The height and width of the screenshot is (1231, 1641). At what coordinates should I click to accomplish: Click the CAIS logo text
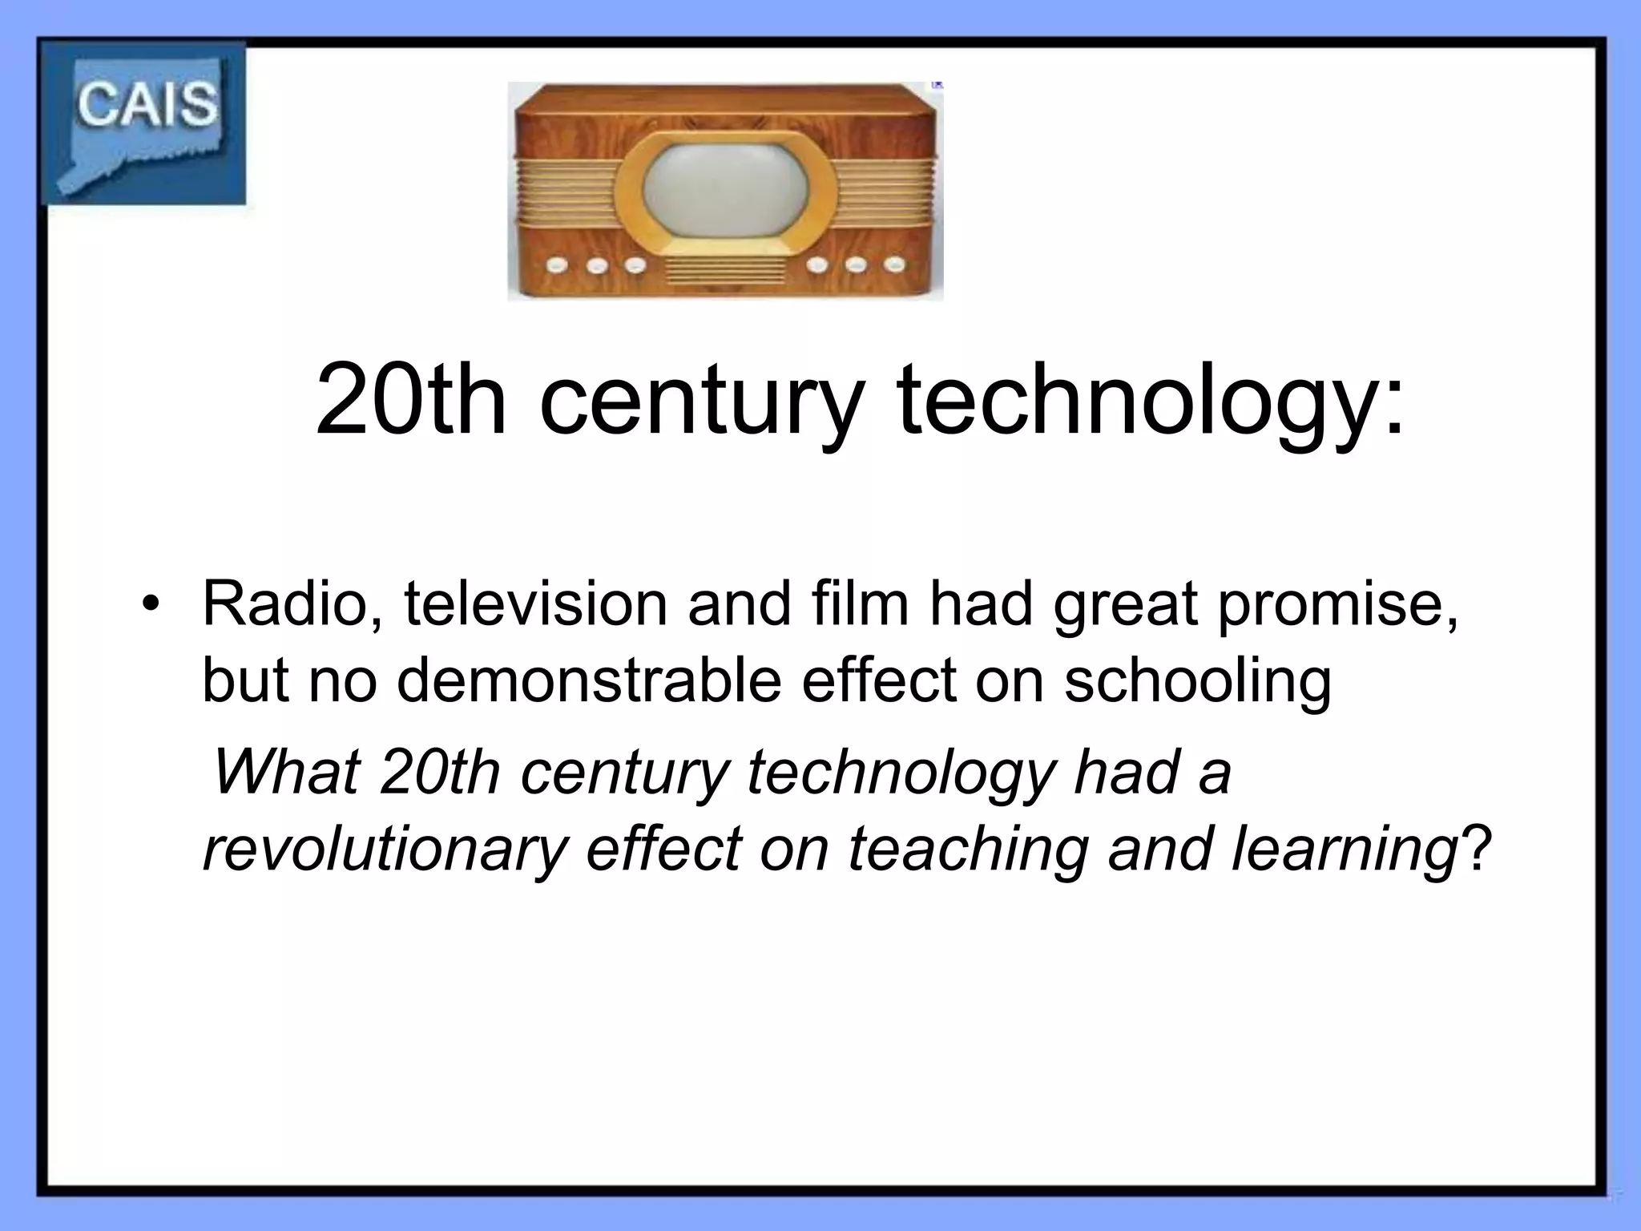[x=147, y=105]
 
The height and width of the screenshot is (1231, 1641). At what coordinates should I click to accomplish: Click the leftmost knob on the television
[x=554, y=264]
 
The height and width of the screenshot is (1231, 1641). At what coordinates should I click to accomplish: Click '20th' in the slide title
[x=411, y=401]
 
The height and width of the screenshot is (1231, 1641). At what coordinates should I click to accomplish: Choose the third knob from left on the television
[x=635, y=264]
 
